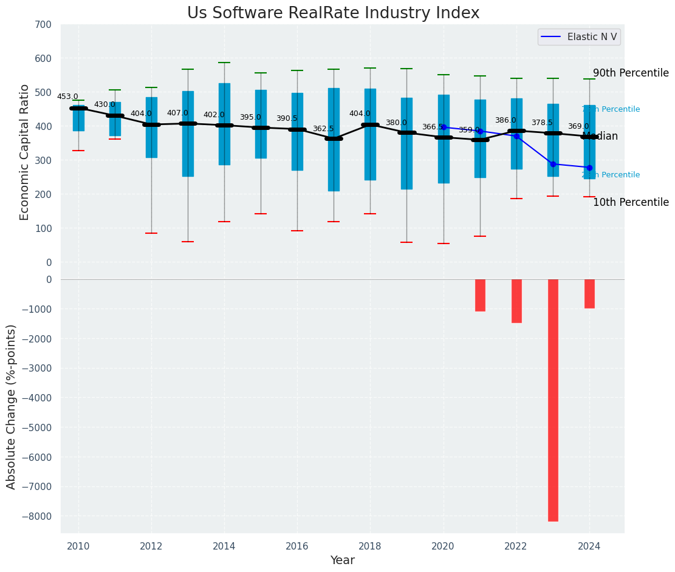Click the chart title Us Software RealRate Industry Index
(x=333, y=13)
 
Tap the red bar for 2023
(x=553, y=400)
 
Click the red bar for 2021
(x=480, y=295)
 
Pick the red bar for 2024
(x=589, y=294)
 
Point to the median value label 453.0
(x=67, y=97)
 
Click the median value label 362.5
(x=323, y=129)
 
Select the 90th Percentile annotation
(x=631, y=73)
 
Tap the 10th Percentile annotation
(x=631, y=202)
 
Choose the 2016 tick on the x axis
(x=297, y=546)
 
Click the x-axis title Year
(x=342, y=560)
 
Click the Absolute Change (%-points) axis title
(x=11, y=406)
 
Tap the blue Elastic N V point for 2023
(x=553, y=164)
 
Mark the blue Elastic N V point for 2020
(x=444, y=128)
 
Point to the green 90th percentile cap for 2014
(x=224, y=63)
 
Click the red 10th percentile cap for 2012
(x=151, y=233)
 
